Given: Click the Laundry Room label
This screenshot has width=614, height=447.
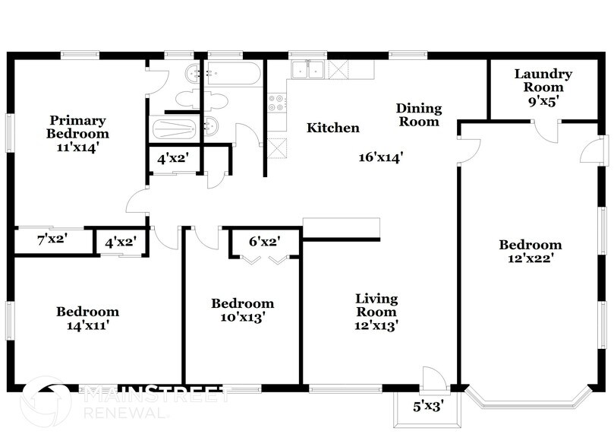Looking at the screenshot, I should coord(543,81).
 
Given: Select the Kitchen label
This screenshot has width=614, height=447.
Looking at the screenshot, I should coord(332,128).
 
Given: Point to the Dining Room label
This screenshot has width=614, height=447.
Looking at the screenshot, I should coord(418,115).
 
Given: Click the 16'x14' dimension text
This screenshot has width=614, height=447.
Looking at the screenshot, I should coord(380,157).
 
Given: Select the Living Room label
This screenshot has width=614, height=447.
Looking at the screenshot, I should coord(376,305).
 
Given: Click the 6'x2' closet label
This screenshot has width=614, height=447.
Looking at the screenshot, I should coord(265,242).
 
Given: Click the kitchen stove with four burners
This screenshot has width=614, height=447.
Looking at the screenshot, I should coord(276,103).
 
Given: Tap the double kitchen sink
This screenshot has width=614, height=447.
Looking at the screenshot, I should coord(308,70).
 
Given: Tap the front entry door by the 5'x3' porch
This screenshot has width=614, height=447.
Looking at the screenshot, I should coord(433,378).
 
